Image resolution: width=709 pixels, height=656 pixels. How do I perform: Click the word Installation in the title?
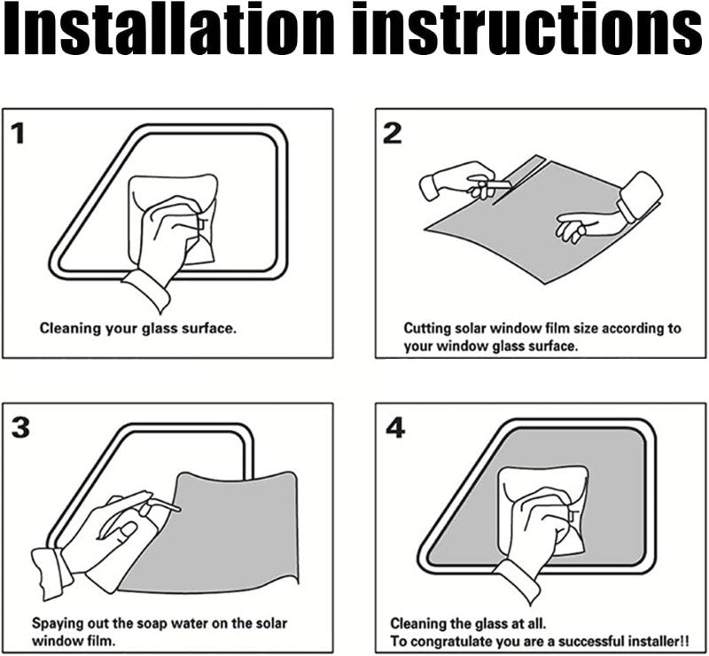[x=168, y=29]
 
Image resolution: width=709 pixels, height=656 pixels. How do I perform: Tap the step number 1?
[x=18, y=135]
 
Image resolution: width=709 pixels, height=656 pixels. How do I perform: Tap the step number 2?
[x=392, y=134]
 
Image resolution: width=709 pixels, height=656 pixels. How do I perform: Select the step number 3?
[x=20, y=427]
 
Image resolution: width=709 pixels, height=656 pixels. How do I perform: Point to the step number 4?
[x=395, y=428]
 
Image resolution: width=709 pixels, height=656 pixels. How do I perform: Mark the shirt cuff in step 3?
[x=51, y=572]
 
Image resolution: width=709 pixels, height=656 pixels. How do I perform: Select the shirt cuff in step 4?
[x=517, y=581]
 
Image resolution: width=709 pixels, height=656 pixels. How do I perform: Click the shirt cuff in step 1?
[x=147, y=290]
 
